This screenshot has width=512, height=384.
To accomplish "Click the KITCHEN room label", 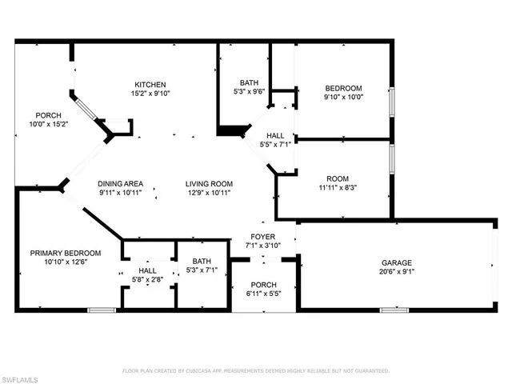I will (x=150, y=85).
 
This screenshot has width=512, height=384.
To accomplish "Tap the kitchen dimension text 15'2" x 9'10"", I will (x=150, y=94).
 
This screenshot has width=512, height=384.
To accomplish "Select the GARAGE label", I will (x=397, y=262).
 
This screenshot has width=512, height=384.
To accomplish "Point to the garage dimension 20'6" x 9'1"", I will (x=397, y=272).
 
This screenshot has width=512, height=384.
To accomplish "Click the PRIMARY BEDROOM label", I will (x=66, y=253).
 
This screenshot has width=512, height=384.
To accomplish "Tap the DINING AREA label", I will (x=120, y=182).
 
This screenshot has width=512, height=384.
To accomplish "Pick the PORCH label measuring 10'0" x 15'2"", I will (x=37, y=116).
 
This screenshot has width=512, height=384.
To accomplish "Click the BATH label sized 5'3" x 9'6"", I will (x=249, y=82).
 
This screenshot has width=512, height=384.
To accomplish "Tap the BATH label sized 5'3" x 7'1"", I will (x=202, y=261).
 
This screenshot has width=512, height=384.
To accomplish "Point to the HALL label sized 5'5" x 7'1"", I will (x=275, y=135).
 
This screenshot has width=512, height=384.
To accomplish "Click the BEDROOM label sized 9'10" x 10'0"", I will (x=342, y=88).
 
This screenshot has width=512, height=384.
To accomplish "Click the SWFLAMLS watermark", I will (x=24, y=374).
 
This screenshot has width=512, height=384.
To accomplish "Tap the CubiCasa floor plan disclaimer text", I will (x=255, y=371).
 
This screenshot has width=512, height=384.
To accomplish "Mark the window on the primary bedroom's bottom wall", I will (x=101, y=310).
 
